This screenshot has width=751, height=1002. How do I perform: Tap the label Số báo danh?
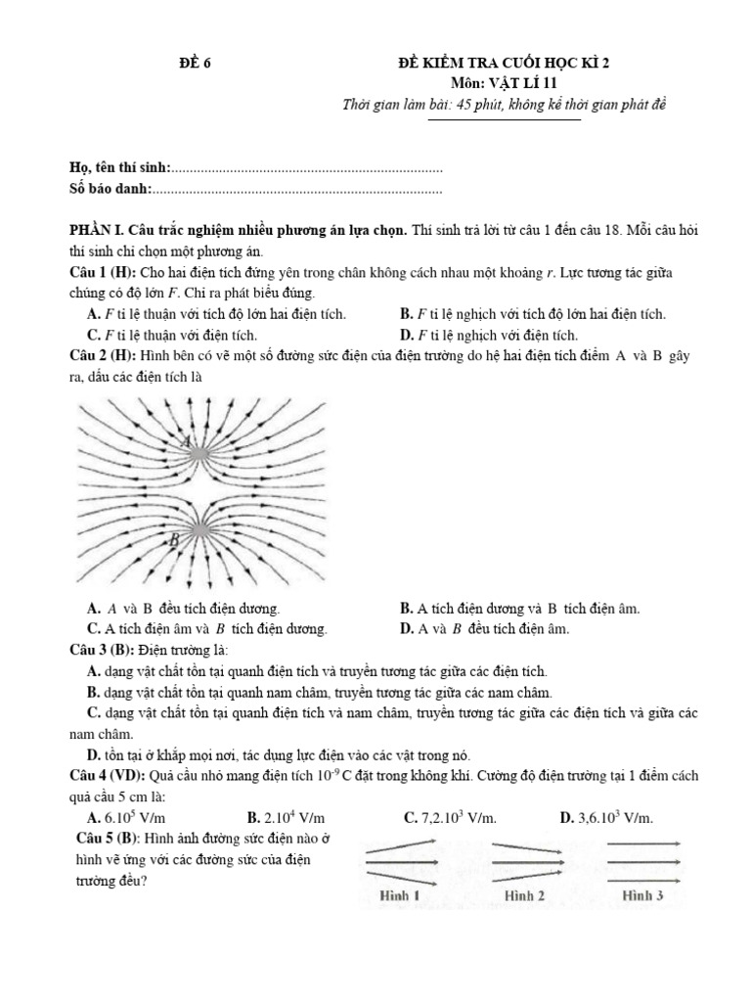click(x=111, y=189)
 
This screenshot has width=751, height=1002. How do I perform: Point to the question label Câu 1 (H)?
click(x=103, y=270)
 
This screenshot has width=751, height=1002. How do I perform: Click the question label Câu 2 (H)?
click(x=103, y=356)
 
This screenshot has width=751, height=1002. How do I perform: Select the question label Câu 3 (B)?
click(x=102, y=651)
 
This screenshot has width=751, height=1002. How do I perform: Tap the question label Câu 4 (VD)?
click(x=107, y=775)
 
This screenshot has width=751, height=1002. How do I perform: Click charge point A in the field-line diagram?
click(x=199, y=453)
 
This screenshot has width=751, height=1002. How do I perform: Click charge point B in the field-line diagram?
click(x=199, y=529)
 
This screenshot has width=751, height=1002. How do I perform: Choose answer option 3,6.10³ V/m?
click(x=607, y=817)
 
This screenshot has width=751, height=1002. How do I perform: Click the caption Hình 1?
click(x=400, y=894)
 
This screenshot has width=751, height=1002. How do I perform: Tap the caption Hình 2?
click(x=524, y=894)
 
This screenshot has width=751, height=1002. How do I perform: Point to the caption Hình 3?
click(x=642, y=894)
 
